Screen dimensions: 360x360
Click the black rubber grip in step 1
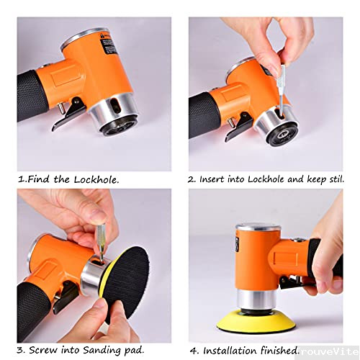32,94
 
